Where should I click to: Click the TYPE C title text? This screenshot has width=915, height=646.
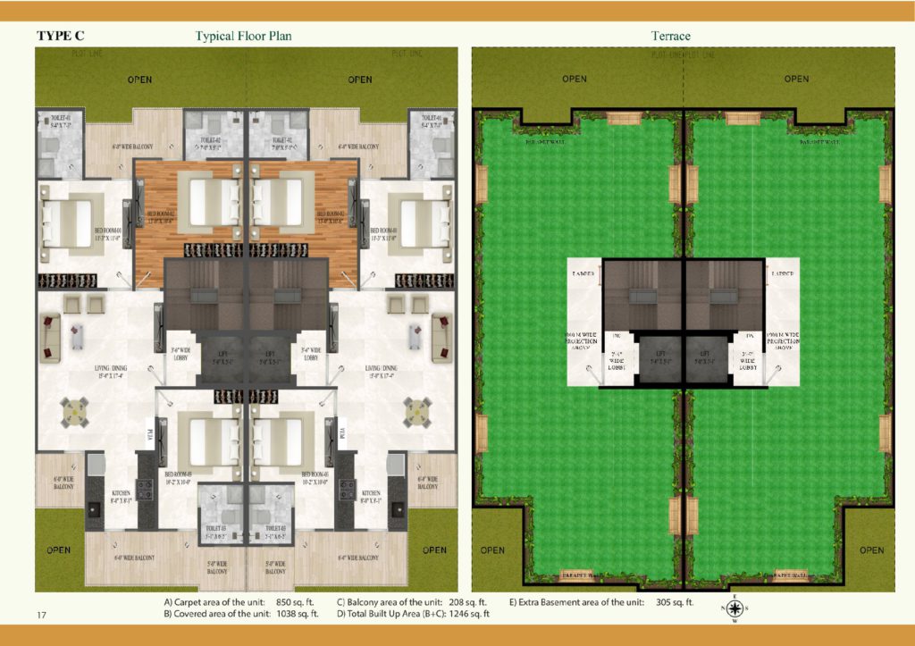(61, 36)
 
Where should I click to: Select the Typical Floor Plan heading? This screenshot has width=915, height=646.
(244, 36)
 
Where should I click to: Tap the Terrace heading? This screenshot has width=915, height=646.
(671, 36)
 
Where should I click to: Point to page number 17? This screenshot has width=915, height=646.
(42, 615)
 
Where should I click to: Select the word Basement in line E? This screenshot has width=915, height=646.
(558, 602)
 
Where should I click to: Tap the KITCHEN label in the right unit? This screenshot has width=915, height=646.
(370, 493)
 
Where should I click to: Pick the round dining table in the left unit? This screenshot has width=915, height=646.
(76, 411)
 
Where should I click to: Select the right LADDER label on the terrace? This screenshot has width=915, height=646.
(782, 273)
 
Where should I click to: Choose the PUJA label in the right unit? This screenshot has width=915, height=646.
(343, 434)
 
